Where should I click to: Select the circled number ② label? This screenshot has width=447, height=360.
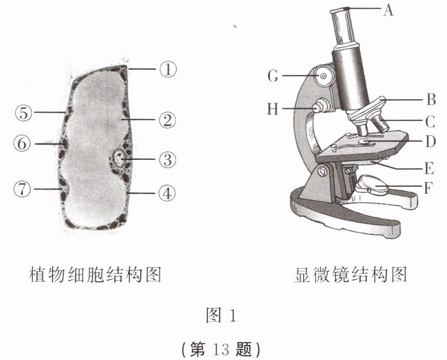point(168,121)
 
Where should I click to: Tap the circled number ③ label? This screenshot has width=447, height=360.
point(168,159)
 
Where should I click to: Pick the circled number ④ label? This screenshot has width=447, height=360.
point(168,193)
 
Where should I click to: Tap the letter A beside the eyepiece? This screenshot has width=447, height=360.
point(388,10)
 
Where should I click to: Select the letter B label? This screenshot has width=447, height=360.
point(431,99)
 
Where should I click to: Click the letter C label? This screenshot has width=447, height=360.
point(431,122)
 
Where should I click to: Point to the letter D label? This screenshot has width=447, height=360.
point(431,142)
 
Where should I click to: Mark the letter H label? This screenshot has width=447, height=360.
point(273,109)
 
